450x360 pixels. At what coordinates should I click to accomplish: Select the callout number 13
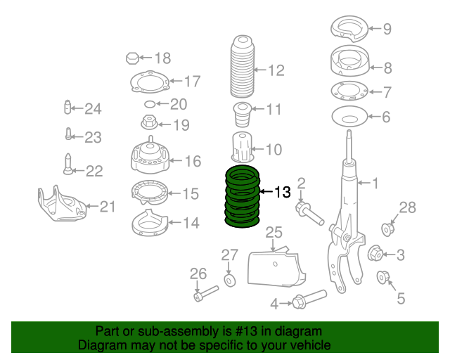pyautogui.click(x=282, y=192)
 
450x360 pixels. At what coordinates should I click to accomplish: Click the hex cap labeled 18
pyautogui.click(x=134, y=58)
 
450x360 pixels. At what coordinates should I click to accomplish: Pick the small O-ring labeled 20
pyautogui.click(x=149, y=104)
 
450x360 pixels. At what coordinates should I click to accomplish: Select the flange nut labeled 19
pyautogui.click(x=150, y=124)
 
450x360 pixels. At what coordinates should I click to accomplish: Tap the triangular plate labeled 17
pyautogui.click(x=149, y=84)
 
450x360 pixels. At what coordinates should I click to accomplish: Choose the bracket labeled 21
pyautogui.click(x=60, y=204)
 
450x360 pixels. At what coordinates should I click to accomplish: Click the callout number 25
pyautogui.click(x=274, y=232)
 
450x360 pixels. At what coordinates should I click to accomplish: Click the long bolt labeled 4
pyautogui.click(x=308, y=299)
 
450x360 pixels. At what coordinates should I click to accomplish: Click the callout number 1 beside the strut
pyautogui.click(x=375, y=184)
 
